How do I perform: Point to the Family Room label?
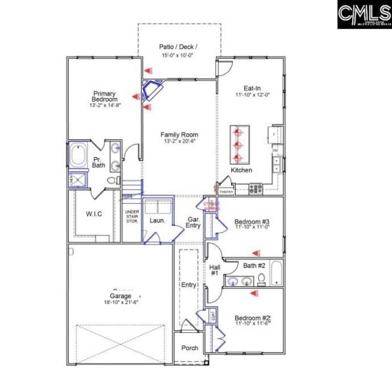pos(179,135)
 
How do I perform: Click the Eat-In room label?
pos(253,88)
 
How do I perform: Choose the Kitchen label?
pos(241,169)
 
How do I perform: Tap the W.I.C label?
pos(94,214)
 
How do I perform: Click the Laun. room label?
pos(158,220)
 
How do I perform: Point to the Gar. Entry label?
pos(194,223)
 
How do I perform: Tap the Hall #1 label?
pos(214,270)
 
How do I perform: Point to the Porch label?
pos(189,347)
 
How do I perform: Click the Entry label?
pos(188,284)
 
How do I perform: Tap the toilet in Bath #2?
pos(262,277)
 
